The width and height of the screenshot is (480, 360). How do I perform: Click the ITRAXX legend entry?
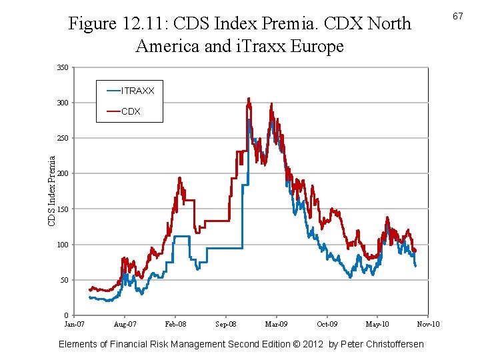click(x=137, y=90)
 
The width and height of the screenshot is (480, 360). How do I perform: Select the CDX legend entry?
click(x=131, y=111)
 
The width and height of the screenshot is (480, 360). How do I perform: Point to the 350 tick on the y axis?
click(x=63, y=67)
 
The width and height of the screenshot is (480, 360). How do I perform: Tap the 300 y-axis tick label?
click(x=63, y=103)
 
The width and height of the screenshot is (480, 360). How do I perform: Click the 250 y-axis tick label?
click(x=63, y=138)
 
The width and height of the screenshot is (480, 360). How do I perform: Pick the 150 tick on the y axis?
click(x=63, y=209)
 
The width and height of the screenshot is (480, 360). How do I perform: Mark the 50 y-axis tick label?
click(x=64, y=280)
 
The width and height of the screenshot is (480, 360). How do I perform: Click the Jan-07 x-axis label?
click(x=74, y=324)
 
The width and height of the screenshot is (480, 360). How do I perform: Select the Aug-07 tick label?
click(x=125, y=324)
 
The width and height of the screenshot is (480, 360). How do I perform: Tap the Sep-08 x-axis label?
click(x=226, y=324)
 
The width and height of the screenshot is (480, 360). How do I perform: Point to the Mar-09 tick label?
click(x=276, y=324)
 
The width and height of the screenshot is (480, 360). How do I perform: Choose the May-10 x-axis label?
click(x=377, y=324)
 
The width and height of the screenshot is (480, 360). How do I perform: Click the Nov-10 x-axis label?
click(x=428, y=324)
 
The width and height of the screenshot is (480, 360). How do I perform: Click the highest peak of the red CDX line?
click(x=249, y=99)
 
